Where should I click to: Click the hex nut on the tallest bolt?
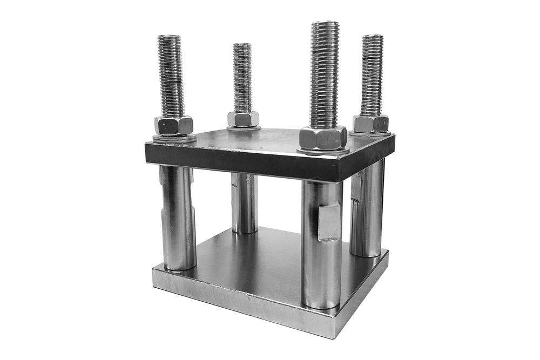[x=323, y=138]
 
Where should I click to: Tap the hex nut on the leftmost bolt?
[x=173, y=126]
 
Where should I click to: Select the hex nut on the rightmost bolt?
[x=371, y=124]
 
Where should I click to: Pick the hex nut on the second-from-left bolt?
[x=243, y=119]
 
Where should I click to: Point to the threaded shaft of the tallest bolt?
[x=325, y=76]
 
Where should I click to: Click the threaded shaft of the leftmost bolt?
[x=171, y=76]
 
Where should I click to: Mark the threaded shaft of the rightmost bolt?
[x=372, y=76]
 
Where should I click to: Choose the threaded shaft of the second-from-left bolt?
[x=242, y=78]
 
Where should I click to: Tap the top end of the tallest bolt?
[x=325, y=23]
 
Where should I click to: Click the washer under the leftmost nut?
[x=174, y=138]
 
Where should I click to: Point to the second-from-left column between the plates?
[x=245, y=202]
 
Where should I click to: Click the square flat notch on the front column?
[x=329, y=223]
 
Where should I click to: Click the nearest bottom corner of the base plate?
[x=335, y=336]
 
